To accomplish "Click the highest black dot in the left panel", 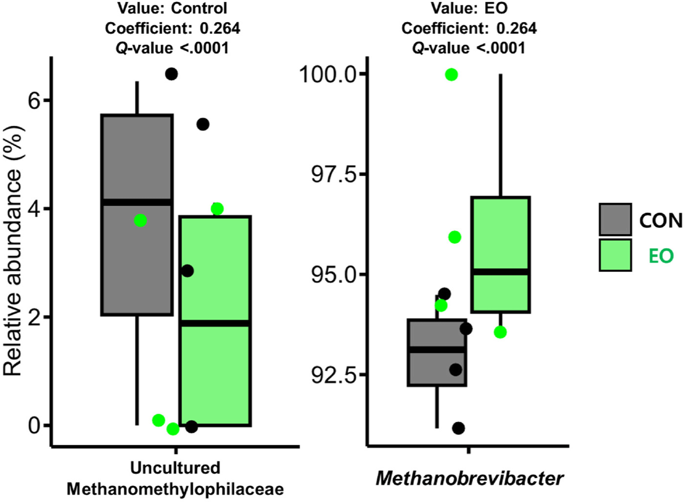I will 171,74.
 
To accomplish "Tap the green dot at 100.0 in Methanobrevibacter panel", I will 451,75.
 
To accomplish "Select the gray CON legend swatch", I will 615,220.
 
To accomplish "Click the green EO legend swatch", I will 615,255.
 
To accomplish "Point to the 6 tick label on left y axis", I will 34,100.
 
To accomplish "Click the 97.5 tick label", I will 334,175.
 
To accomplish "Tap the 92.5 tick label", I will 334,375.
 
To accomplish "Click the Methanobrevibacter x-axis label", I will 469,478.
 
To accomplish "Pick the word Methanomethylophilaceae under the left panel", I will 175,489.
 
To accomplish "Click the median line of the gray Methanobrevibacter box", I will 437,349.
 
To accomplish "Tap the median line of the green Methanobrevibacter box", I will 500,272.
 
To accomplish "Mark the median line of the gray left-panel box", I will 137,202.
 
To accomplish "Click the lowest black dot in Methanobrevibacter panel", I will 458,429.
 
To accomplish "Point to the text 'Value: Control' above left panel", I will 172,8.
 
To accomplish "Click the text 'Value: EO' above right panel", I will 469,8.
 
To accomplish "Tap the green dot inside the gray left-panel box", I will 140,221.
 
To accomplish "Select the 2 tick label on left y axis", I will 34,318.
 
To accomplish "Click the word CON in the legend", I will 661,221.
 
